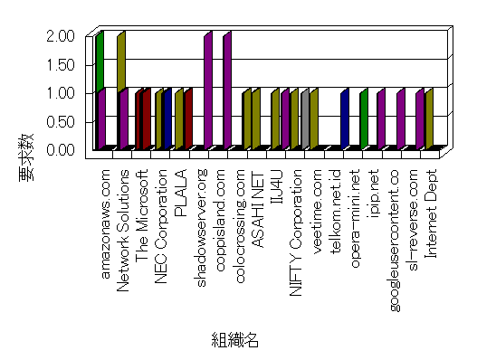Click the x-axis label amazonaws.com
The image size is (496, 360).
coord(106,224)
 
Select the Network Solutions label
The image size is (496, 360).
coord(123,231)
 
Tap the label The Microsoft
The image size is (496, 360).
coord(142,215)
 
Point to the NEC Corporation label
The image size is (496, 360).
coord(161,226)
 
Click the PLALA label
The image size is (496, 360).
coord(181,194)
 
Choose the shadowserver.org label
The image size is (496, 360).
coord(201,228)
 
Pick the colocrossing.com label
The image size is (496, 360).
coord(240,226)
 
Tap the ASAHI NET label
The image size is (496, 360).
coord(258,210)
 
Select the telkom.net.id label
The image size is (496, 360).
coord(336,212)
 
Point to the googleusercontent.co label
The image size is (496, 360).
coord(394,241)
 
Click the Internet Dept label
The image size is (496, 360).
coord(431,214)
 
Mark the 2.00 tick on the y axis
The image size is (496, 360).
coord(61,36)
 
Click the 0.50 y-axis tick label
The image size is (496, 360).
coord(61,122)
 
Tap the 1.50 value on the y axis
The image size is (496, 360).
coord(61,65)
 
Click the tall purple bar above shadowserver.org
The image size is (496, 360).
coord(208,90)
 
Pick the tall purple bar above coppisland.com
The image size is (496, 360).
coord(227,90)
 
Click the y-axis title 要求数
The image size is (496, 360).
coord(26,157)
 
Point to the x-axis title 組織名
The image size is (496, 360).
coord(235,340)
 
